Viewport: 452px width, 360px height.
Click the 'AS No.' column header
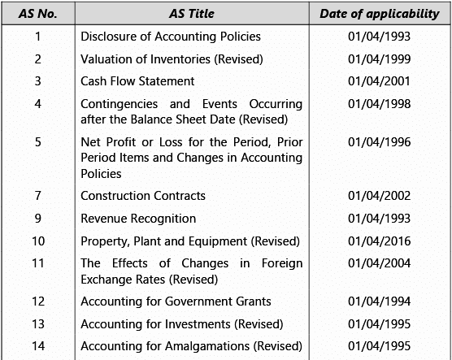37,14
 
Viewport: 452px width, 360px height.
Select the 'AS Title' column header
191,14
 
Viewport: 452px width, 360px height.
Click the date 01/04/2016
378,241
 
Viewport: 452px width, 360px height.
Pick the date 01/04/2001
378,81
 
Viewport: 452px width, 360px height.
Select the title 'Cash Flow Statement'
137,81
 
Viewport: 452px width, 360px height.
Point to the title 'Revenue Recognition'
138,219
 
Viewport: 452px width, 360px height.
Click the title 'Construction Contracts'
143,196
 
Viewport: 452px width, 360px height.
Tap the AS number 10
37,241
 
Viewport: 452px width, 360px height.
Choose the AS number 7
37,196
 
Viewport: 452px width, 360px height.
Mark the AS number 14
37,347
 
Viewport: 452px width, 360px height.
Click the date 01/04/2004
378,264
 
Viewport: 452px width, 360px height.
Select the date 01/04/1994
378,301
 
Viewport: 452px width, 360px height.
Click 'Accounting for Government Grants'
176,301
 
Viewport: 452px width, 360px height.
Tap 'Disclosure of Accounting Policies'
171,36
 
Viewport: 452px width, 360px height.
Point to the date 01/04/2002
378,196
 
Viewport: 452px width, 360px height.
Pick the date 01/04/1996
378,143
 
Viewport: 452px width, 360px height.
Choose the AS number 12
37,301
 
